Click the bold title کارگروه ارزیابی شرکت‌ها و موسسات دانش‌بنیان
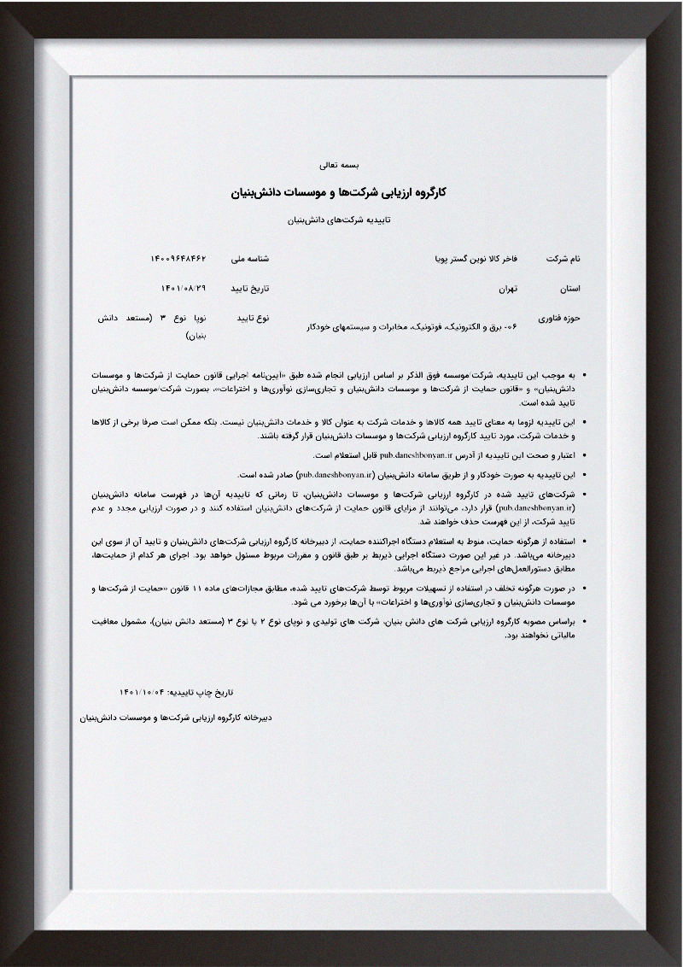[x=341, y=192]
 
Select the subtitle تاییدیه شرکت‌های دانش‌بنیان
[x=341, y=220]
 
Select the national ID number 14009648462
[x=178, y=257]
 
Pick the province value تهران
[x=509, y=288]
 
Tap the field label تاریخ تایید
[x=249, y=288]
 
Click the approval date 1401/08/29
[x=184, y=288]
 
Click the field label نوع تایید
[x=252, y=319]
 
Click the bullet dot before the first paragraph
[x=583, y=375]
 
